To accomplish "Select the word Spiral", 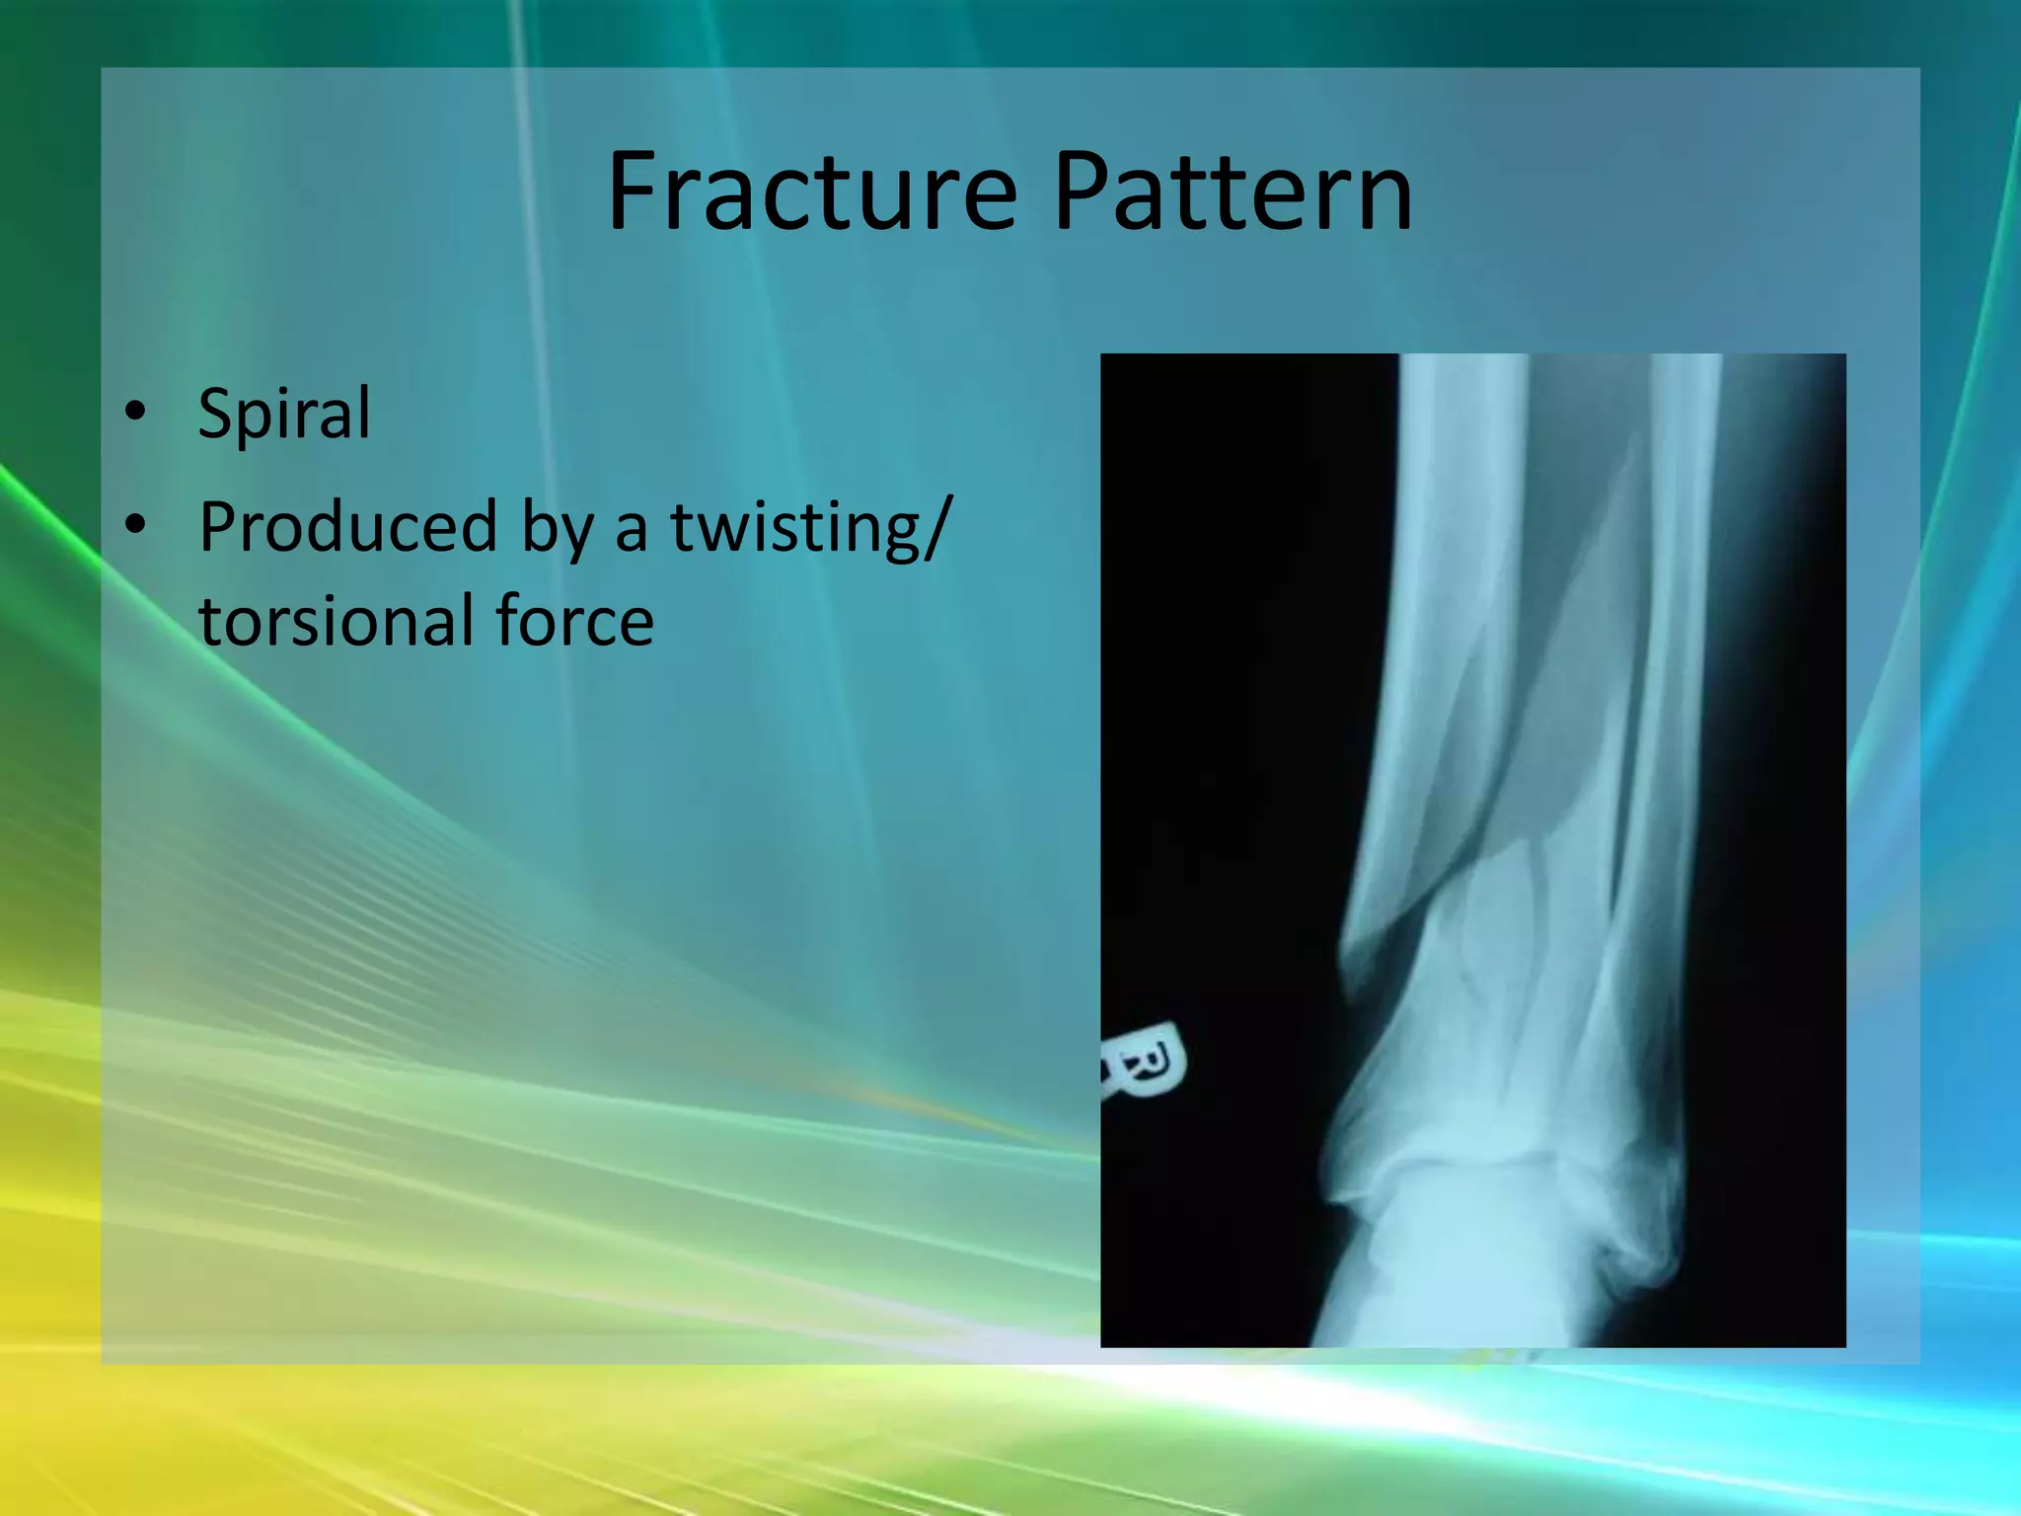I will [x=284, y=415].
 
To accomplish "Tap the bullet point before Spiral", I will [x=136, y=411].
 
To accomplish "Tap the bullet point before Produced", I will [x=136, y=525].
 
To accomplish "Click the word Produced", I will [x=347, y=527].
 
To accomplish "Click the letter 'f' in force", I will [x=509, y=620].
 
